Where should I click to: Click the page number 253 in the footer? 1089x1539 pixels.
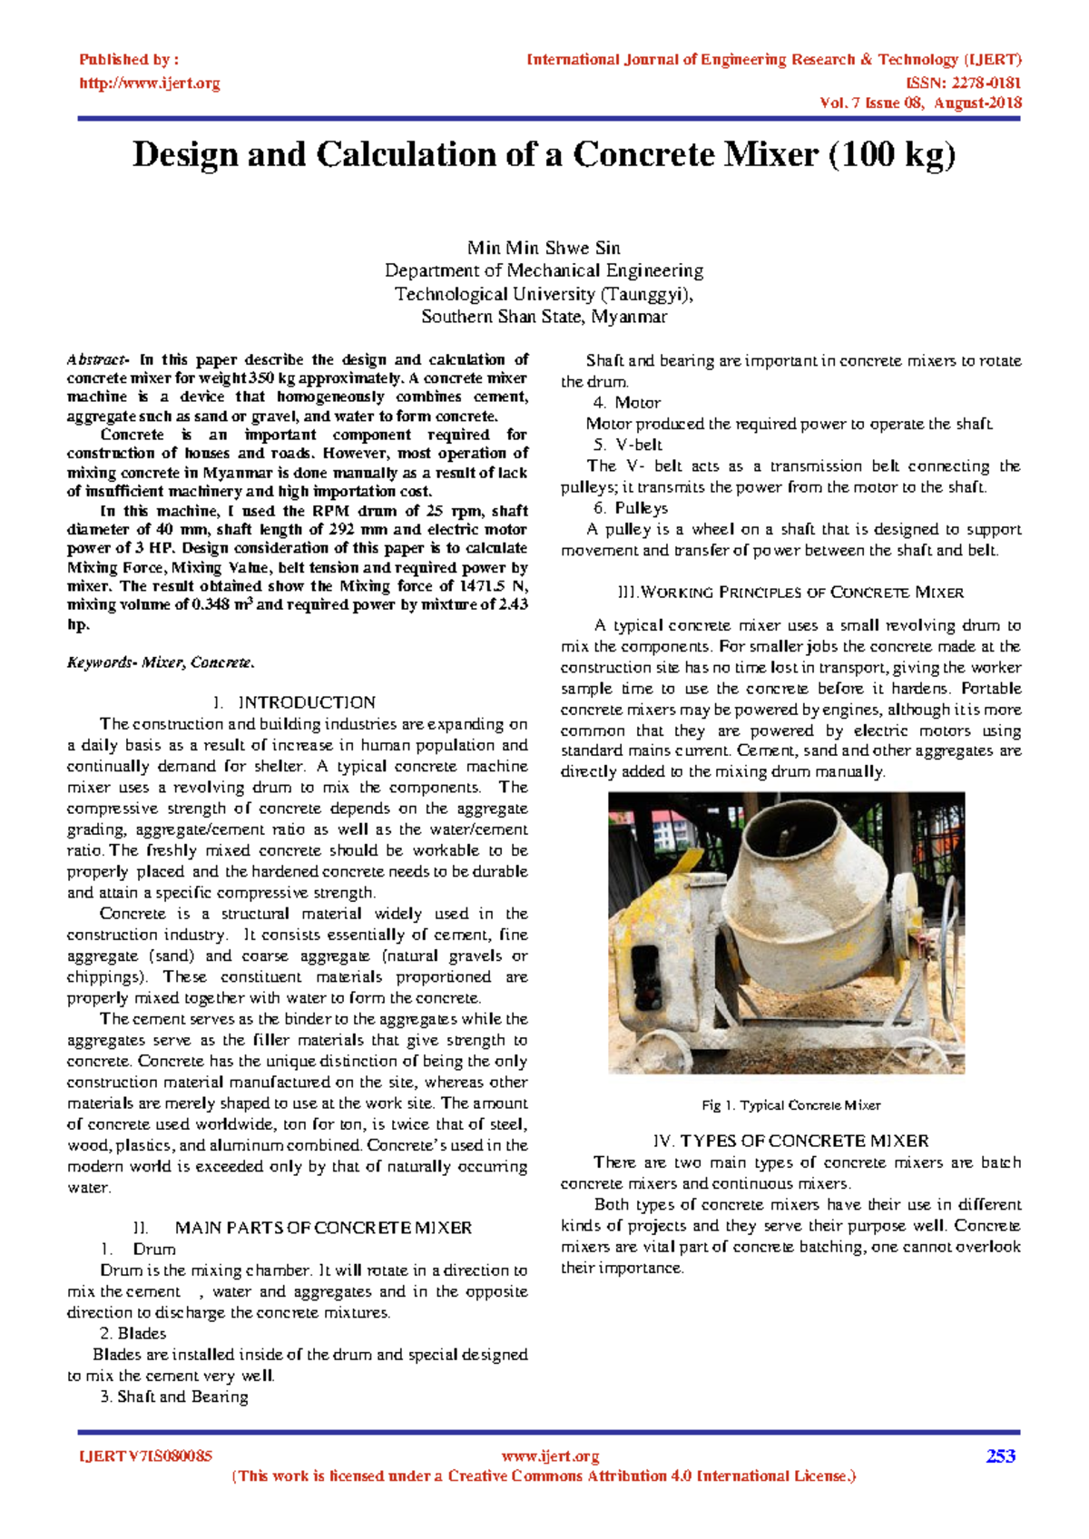tap(1000, 1456)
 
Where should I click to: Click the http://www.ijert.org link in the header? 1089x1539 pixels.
tap(150, 83)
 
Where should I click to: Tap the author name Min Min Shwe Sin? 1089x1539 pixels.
tap(544, 248)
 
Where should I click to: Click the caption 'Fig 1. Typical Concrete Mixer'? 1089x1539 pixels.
tap(790, 1105)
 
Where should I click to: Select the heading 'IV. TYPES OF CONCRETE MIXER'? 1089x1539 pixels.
tap(790, 1141)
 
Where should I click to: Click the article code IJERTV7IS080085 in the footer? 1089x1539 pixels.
tap(146, 1456)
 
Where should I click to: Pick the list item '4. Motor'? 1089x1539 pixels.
tap(627, 402)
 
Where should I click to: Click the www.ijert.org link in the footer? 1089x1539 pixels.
tap(550, 1456)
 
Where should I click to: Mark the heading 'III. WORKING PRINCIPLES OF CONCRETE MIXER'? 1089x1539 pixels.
tap(790, 593)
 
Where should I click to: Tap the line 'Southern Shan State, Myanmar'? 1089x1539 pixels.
tap(544, 317)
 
